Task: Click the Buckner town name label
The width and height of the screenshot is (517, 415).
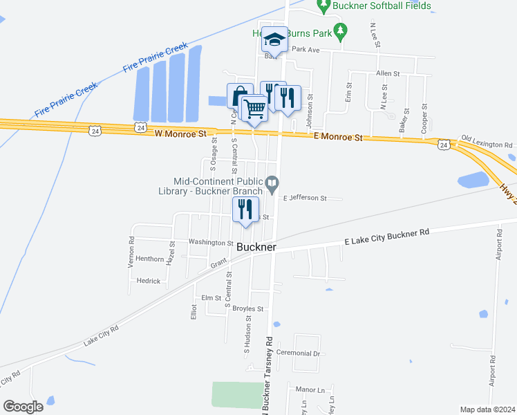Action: point(256,247)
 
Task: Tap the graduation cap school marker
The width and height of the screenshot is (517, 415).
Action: point(274,40)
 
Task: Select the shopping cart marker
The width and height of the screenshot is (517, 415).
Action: point(255,108)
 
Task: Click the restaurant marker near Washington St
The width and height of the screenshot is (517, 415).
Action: point(245,209)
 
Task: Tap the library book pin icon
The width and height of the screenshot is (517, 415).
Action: point(272,183)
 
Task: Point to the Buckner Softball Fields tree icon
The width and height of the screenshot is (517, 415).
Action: point(323,6)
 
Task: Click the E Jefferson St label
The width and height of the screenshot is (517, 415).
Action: point(304,198)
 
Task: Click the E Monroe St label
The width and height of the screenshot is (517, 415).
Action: point(338,138)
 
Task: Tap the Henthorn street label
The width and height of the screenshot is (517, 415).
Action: point(150,259)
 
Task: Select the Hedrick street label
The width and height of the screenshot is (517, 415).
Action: point(148,281)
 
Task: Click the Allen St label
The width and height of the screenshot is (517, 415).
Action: point(388,73)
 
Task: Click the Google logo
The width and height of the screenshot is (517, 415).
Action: point(23,406)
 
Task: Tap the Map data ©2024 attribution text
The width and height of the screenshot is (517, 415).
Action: point(487,409)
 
